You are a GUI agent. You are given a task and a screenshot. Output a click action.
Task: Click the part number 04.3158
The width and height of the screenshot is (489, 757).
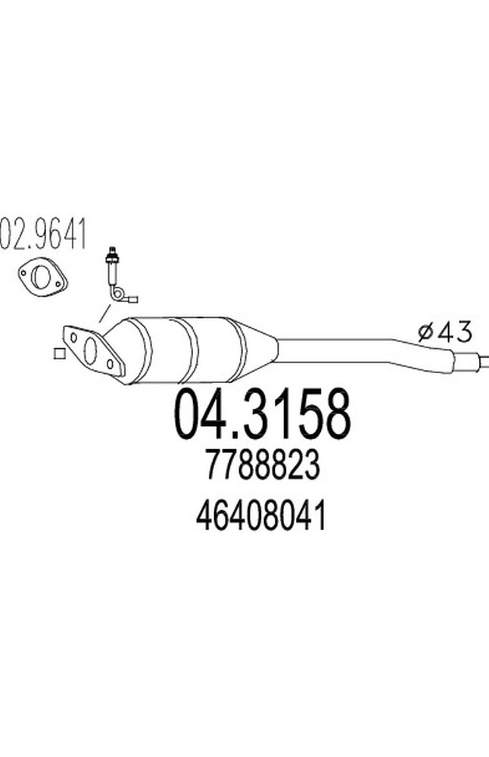click(263, 414)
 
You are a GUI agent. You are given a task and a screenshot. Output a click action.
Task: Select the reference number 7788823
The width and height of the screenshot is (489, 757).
click(263, 465)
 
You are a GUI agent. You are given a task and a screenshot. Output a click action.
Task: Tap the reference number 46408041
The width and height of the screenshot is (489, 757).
click(261, 515)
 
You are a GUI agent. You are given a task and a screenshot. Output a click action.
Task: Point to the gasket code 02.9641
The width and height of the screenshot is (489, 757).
click(43, 234)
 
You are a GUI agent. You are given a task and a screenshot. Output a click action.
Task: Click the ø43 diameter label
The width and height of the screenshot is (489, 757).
click(444, 332)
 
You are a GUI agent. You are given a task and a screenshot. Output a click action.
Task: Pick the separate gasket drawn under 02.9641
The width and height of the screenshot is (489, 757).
click(42, 276)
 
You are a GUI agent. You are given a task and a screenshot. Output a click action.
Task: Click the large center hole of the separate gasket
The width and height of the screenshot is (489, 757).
click(39, 277)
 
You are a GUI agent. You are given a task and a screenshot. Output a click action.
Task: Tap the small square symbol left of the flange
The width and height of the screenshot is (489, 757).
click(59, 354)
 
